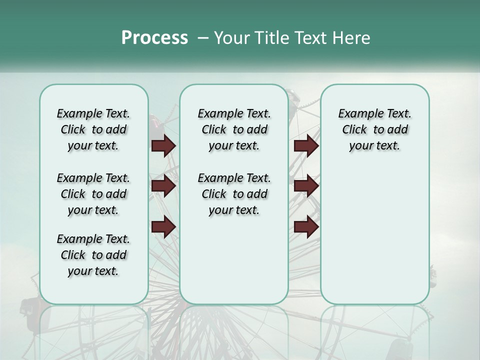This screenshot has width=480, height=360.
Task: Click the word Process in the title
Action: (154, 37)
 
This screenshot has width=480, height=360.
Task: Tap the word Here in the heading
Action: (352, 38)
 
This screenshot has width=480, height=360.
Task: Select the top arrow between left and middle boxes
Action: (163, 145)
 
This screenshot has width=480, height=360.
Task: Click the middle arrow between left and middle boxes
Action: (163, 186)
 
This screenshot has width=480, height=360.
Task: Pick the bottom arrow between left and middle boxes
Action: (163, 227)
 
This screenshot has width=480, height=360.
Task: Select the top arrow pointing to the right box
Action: (306, 145)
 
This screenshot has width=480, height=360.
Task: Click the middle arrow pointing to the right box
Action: (306, 186)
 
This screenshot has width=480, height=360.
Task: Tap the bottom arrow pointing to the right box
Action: (306, 227)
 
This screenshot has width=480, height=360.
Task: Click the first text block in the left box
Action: (93, 129)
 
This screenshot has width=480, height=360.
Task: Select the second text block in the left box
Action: (93, 194)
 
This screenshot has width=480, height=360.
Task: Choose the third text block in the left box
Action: (93, 255)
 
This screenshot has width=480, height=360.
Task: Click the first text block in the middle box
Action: (234, 129)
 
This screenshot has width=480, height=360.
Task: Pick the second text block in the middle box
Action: (234, 194)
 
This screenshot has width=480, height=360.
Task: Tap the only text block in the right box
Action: (374, 129)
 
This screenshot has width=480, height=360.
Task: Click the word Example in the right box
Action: (357, 113)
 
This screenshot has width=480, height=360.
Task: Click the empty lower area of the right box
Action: (374, 235)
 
